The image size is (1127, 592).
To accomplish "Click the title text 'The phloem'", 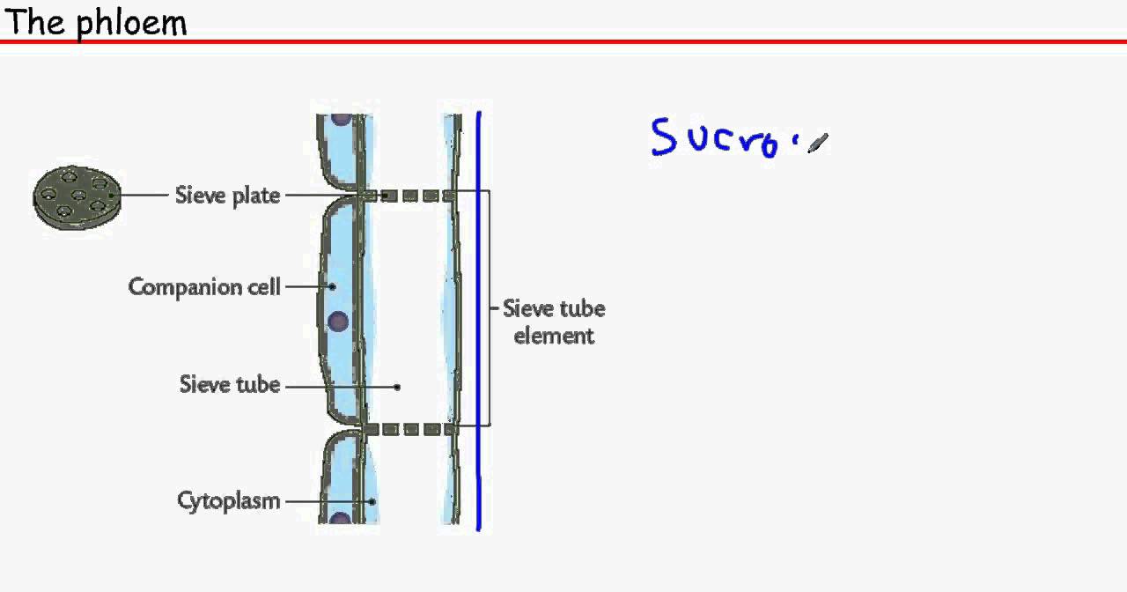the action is tap(95, 21).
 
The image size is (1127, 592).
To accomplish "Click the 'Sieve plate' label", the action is tap(227, 195).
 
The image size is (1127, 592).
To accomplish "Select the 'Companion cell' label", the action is tap(204, 286).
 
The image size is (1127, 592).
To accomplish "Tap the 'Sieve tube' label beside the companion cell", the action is tap(230, 384).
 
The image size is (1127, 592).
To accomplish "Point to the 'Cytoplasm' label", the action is tap(229, 500).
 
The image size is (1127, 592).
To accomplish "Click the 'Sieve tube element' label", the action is tap(554, 322).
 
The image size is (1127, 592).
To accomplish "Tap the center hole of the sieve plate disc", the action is tap(78, 195).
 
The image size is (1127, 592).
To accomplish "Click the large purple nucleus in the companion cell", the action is tap(337, 322).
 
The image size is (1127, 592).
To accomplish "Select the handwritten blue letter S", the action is tap(663, 137).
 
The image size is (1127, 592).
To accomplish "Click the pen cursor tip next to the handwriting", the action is tap(811, 147).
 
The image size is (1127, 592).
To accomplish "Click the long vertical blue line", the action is tap(479, 322).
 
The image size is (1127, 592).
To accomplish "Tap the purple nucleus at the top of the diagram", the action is tap(340, 118).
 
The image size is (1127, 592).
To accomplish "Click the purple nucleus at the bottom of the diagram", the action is tap(340, 519).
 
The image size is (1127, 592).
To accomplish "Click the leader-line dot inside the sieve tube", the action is tap(398, 386).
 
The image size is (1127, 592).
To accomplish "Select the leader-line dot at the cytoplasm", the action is tap(372, 501).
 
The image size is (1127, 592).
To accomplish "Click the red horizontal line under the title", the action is tap(563, 41).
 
